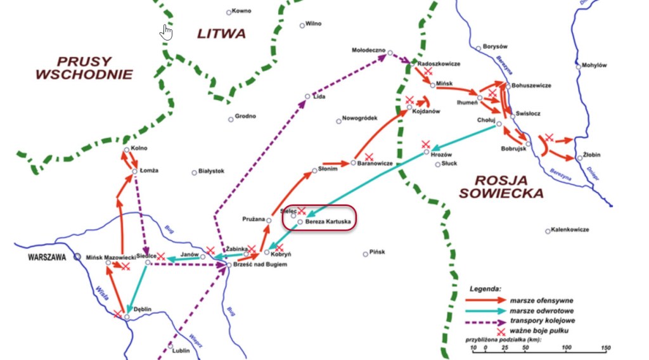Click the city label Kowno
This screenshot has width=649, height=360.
click(x=241, y=11)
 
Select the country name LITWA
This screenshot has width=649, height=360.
click(x=221, y=34)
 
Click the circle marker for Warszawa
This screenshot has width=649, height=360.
click(x=77, y=257)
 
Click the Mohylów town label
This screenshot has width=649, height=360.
click(x=594, y=65)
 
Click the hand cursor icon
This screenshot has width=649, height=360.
click(x=166, y=32)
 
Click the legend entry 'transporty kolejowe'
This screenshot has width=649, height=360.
click(x=540, y=321)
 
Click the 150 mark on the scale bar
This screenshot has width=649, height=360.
click(x=605, y=347)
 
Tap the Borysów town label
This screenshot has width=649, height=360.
click(x=496, y=47)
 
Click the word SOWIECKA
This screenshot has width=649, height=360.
click(x=501, y=193)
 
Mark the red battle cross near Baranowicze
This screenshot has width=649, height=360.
click(x=369, y=155)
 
